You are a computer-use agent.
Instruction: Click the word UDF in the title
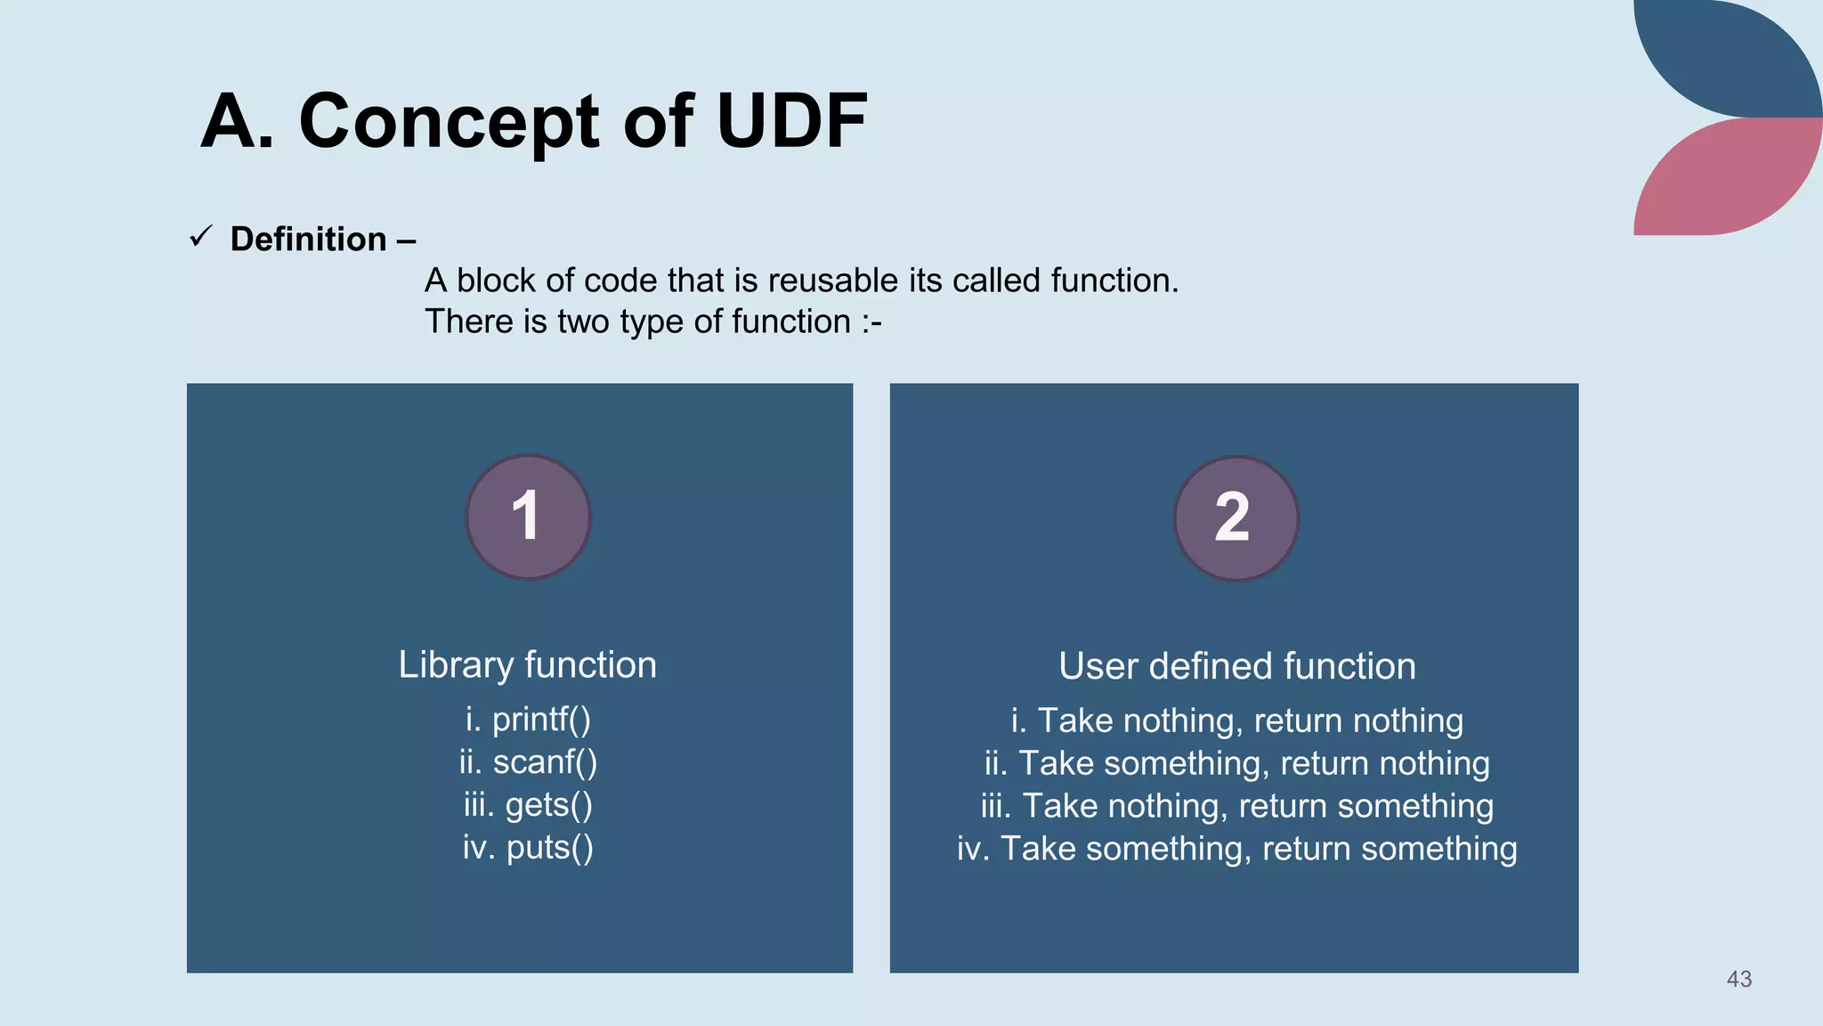click(791, 121)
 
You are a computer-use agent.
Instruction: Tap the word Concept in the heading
click(449, 121)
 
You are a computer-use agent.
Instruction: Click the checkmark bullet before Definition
click(200, 237)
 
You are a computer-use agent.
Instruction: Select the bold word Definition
click(308, 240)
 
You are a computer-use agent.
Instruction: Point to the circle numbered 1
click(528, 517)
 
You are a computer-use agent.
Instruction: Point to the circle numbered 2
click(1236, 518)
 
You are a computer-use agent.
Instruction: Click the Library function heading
click(527, 665)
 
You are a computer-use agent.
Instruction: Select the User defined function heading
click(1236, 667)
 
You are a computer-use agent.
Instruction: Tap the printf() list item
click(528, 720)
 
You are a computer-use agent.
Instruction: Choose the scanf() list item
click(528, 762)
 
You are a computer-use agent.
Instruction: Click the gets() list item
click(528, 805)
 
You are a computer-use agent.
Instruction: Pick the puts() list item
click(528, 848)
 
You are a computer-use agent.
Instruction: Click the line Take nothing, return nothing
click(1236, 721)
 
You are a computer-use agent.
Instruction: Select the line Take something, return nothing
click(1236, 763)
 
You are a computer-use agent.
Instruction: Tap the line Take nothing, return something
click(1236, 806)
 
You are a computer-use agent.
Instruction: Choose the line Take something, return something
click(1236, 849)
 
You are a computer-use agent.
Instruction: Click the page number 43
click(1738, 979)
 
